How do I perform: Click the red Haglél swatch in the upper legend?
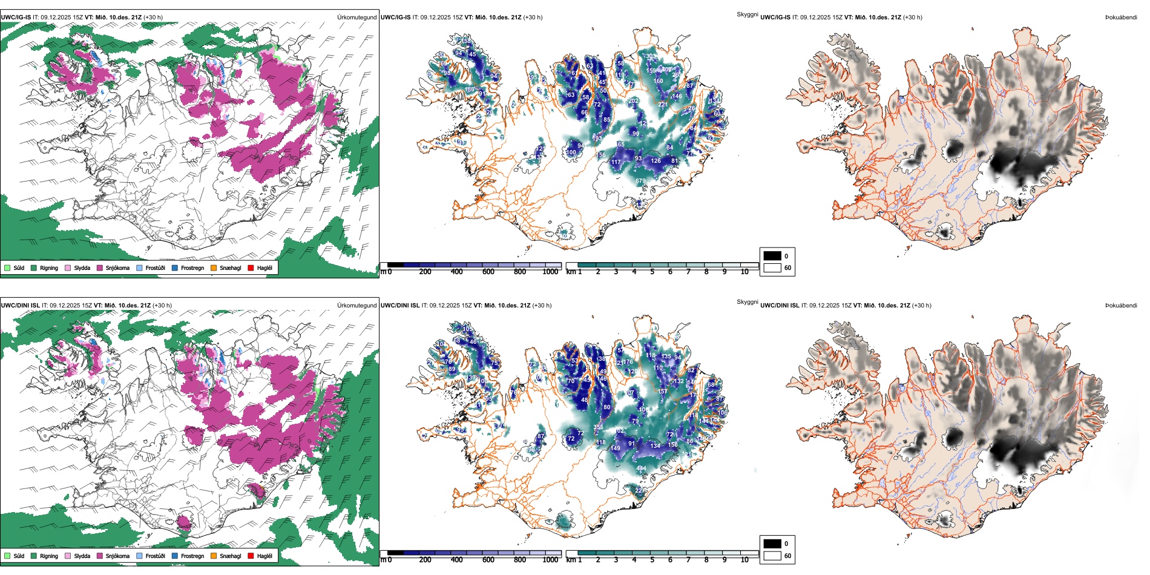[x=251, y=268]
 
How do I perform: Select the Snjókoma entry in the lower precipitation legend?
[x=117, y=556]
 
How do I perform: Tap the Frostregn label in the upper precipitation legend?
[x=192, y=268]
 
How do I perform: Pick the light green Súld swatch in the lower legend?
[x=7, y=556]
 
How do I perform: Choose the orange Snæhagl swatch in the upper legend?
[x=214, y=268]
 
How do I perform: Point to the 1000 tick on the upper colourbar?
[x=550, y=272]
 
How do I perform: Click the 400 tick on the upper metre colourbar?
[x=456, y=272]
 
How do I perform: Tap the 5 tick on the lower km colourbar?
[x=652, y=560]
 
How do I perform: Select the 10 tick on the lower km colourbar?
[x=744, y=560]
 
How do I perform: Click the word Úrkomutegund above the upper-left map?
[x=356, y=17]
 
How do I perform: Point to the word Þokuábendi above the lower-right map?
[x=1121, y=305]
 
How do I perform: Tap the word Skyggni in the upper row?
[x=747, y=14]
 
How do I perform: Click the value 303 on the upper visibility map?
[x=651, y=56]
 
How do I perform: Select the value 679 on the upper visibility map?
[x=640, y=181]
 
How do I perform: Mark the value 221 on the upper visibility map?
[x=663, y=105]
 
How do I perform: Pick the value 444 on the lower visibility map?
[x=641, y=468]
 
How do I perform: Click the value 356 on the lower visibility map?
[x=598, y=427]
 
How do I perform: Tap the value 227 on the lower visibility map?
[x=640, y=491]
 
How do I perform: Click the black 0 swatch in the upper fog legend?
[x=772, y=255]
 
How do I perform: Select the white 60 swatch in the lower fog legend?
[x=772, y=556]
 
